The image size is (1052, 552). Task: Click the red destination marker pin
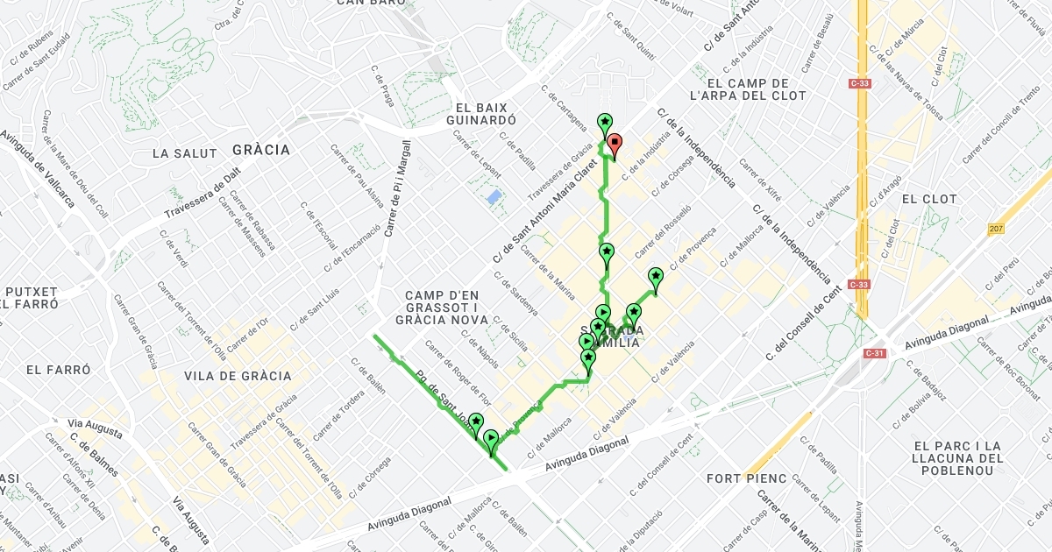615,143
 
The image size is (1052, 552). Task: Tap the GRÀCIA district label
260,150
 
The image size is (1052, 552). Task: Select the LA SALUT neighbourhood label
184,153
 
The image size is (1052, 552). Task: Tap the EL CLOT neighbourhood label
929,199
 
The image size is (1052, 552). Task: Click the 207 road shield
995,229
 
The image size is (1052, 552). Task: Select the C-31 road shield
874,353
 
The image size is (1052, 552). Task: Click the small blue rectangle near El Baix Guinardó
494,197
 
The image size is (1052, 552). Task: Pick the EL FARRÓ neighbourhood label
58,370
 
